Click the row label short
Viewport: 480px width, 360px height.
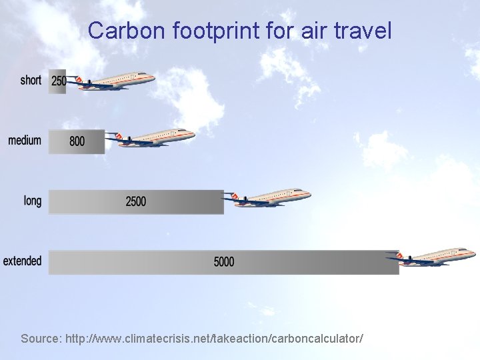31,81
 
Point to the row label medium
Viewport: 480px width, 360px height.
25,141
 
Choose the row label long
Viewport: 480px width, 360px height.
33,201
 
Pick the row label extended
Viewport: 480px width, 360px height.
22,261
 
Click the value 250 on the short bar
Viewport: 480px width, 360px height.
59,81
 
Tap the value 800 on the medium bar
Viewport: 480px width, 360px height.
77,141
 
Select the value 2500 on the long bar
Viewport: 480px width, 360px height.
135,201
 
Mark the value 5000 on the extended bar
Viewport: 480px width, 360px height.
224,262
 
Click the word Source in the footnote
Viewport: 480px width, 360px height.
41,339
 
